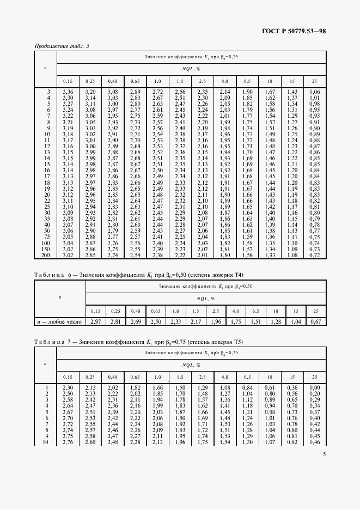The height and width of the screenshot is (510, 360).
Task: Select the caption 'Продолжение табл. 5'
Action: pyautogui.click(x=62, y=46)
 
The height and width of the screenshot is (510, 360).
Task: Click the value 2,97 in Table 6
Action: pyautogui.click(x=97, y=321)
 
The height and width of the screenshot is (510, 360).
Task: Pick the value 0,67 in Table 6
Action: pyautogui.click(x=314, y=321)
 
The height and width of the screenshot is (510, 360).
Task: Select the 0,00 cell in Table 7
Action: pyautogui.click(x=314, y=387)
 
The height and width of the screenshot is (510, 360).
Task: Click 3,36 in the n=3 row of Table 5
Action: pyautogui.click(x=68, y=92)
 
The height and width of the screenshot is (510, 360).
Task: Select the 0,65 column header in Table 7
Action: pyautogui.click(x=135, y=377)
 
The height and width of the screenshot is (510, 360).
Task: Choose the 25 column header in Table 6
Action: pyautogui.click(x=314, y=311)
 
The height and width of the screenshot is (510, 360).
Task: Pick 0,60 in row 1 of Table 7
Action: pyautogui.click(x=269, y=387)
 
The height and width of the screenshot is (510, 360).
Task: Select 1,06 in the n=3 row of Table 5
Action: pyautogui.click(x=314, y=92)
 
